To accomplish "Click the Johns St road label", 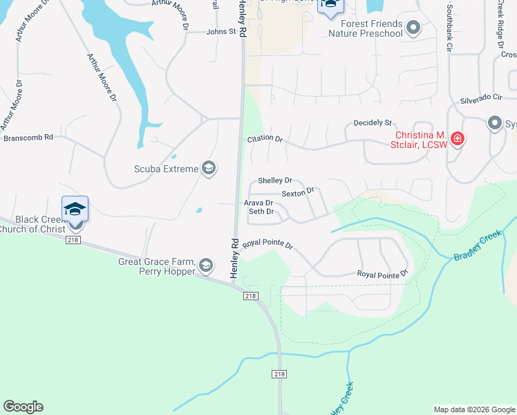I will (x=221, y=32).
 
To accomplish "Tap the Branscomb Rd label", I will (x=28, y=138).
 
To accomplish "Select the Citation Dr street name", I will (x=265, y=139).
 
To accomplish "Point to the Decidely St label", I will (x=373, y=122).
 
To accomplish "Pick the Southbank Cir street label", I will (x=449, y=29).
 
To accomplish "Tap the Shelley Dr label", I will (x=275, y=181).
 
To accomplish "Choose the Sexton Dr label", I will (x=298, y=192).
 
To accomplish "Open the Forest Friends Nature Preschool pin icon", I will (x=414, y=28).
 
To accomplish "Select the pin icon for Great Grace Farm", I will (x=205, y=266).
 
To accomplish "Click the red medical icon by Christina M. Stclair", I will (x=457, y=140).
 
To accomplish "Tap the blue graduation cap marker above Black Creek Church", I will (x=75, y=208).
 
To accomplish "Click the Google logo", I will (x=23, y=407).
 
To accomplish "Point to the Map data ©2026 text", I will (x=473, y=409).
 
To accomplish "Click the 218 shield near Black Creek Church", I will (x=75, y=240).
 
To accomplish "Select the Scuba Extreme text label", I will (x=164, y=169).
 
